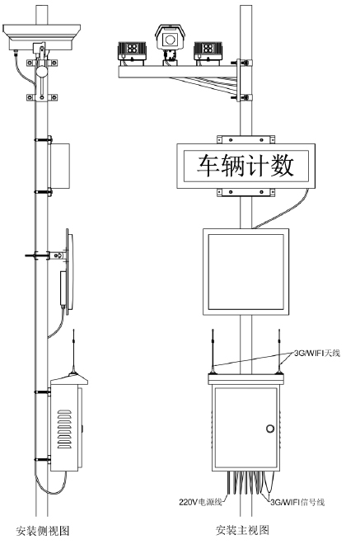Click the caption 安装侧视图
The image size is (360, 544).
[43, 531]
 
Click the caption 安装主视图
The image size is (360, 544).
[242, 530]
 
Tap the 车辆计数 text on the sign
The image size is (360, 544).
[245, 166]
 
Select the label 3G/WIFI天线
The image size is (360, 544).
[317, 353]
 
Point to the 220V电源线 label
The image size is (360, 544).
[200, 502]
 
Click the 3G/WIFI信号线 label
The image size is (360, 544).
[297, 502]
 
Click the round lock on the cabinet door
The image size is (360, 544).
[270, 428]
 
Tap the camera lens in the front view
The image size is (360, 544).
[170, 40]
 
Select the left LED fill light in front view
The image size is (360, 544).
[132, 54]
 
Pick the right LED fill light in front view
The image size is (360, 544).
[208, 54]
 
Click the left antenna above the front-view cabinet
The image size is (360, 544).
[213, 351]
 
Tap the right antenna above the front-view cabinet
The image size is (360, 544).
[278, 351]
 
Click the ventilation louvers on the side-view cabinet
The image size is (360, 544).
[64, 429]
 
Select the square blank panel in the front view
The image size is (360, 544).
[245, 272]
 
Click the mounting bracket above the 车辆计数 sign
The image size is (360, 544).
[245, 139]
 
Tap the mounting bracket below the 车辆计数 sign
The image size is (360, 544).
[245, 193]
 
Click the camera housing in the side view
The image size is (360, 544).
[42, 37]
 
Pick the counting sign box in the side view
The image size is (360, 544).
[60, 166]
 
